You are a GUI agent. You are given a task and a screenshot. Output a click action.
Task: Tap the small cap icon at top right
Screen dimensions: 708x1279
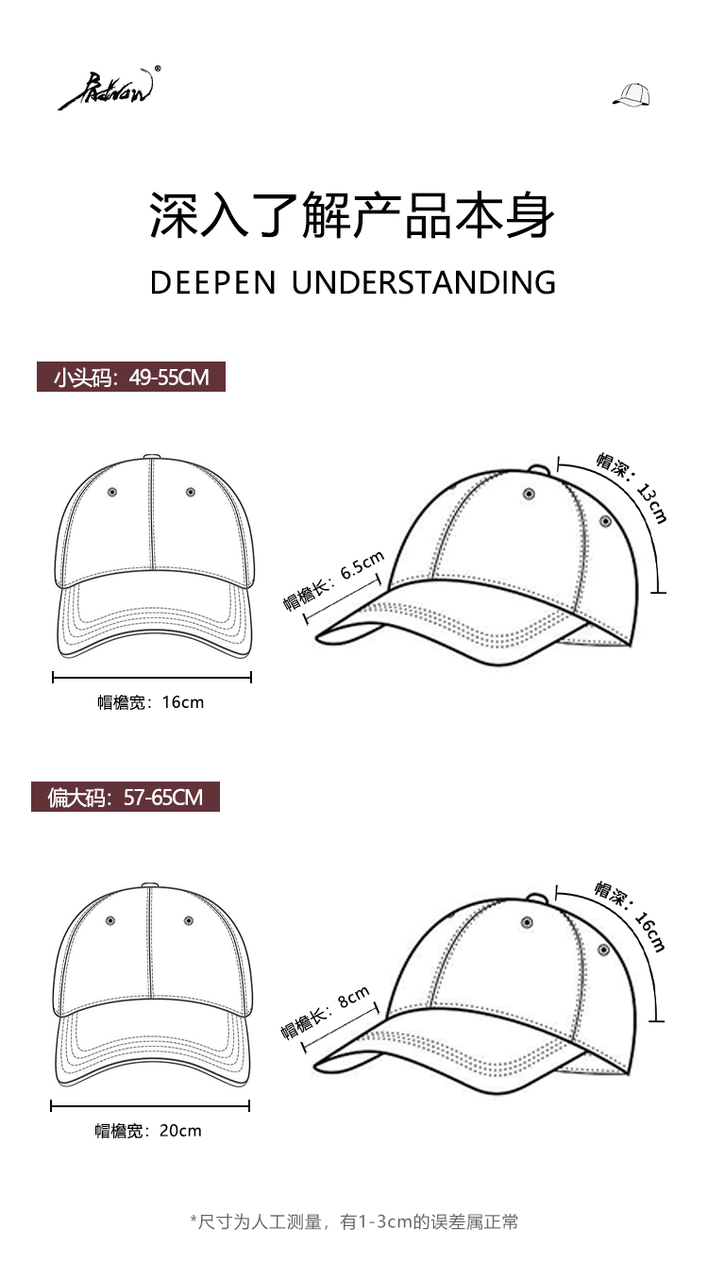coord(632,94)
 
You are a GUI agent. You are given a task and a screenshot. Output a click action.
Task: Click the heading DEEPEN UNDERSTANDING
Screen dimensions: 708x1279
coord(353,282)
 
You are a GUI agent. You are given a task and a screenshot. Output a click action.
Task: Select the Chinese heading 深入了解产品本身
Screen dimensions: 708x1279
coord(353,215)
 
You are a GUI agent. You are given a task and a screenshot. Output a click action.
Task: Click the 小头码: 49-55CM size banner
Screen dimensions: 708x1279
coord(131,378)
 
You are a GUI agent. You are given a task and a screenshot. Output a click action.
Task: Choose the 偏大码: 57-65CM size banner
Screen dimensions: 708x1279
coord(126,797)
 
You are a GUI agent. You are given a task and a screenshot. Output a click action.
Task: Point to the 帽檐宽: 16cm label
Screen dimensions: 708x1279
coord(151,702)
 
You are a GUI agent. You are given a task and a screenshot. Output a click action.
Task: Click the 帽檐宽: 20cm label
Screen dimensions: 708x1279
coord(148,1130)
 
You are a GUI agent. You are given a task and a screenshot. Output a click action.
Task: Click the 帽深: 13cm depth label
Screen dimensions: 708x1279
coord(632,487)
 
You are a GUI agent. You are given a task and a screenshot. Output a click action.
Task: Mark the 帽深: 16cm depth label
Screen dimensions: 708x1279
coord(630,917)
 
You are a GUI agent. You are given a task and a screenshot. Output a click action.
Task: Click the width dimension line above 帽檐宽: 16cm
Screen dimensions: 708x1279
coord(152,677)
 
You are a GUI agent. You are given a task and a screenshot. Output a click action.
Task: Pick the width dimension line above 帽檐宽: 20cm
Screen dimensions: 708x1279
coord(150,1105)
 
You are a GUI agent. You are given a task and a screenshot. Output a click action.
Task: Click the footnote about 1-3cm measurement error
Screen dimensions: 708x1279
coord(354,1222)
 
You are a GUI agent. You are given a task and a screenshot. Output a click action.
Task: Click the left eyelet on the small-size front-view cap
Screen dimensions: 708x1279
coord(112,492)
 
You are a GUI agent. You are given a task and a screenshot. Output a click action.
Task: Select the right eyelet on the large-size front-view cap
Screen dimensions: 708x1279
coord(189,920)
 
